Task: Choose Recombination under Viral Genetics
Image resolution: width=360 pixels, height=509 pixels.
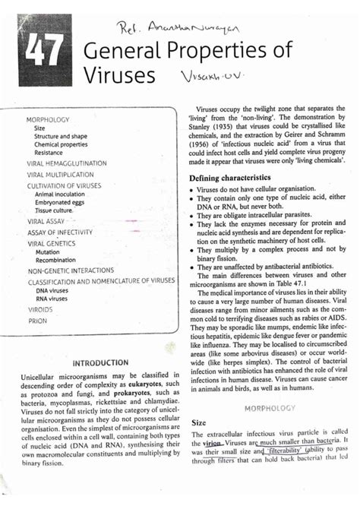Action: [58, 259]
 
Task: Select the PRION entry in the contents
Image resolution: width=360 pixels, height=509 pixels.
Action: [37, 321]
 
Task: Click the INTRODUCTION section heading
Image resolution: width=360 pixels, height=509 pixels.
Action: [100, 362]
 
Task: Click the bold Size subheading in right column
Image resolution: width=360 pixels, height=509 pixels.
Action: [200, 421]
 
